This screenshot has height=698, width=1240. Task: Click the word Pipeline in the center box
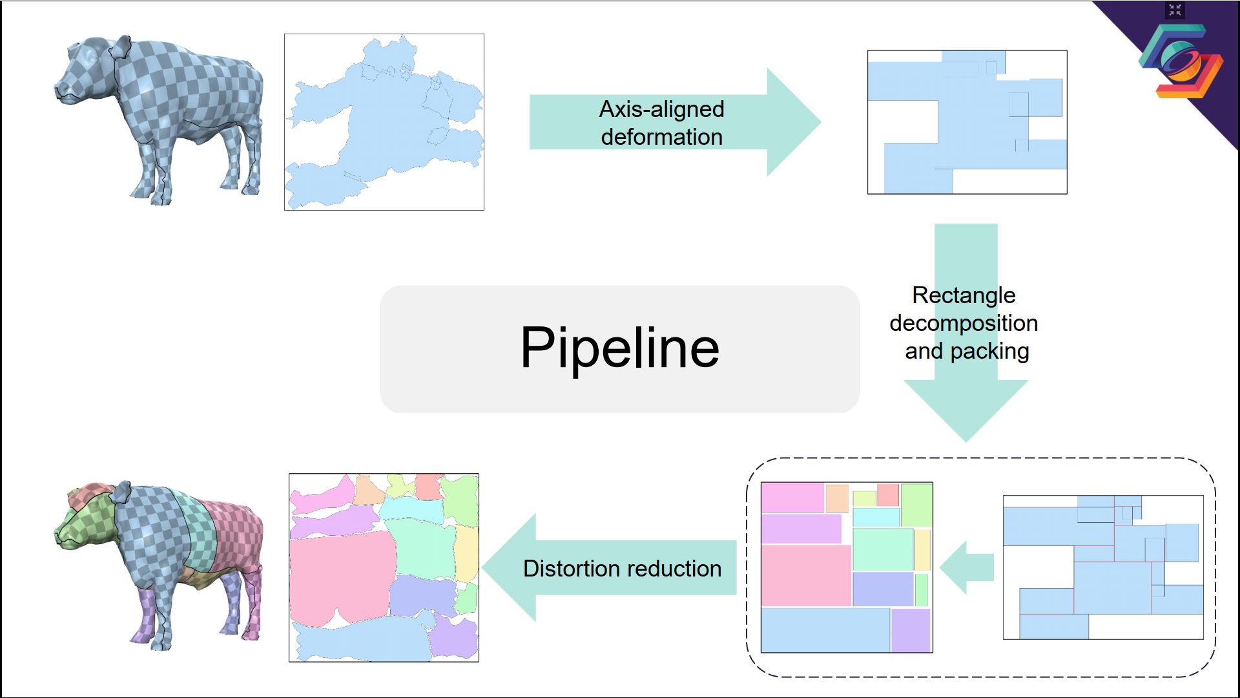[619, 348]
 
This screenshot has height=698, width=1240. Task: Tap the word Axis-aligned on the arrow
[661, 109]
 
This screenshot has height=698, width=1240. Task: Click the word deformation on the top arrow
[661, 137]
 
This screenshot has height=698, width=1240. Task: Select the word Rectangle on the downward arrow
[964, 295]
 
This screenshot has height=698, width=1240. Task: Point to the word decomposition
[964, 323]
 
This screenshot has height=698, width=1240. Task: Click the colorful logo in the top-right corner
[1181, 61]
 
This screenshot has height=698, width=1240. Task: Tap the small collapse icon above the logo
[1175, 10]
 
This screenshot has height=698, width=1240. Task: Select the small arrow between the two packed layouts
[966, 567]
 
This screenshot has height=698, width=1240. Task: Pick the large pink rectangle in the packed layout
[806, 575]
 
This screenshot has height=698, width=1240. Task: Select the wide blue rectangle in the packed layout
[825, 629]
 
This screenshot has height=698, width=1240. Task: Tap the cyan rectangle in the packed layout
[876, 517]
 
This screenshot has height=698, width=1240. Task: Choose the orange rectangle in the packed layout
[837, 498]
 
